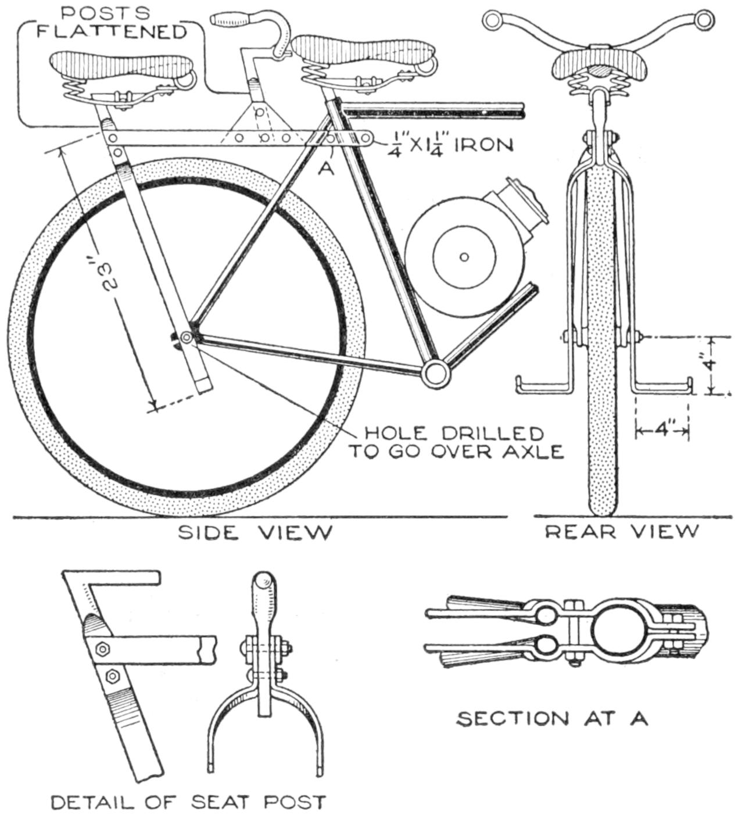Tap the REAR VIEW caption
pyautogui.click(x=621, y=531)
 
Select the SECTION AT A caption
pyautogui.click(x=551, y=718)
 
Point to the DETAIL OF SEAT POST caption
pyautogui.click(x=188, y=803)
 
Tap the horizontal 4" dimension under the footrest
pyautogui.click(x=662, y=431)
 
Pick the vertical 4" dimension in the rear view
pyautogui.click(x=710, y=365)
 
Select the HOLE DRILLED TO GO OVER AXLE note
pyautogui.click(x=455, y=442)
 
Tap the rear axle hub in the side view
pyautogui.click(x=187, y=337)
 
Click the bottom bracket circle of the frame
pyautogui.click(x=435, y=371)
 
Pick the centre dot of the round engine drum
pyautogui.click(x=464, y=256)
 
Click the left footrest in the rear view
pyautogui.click(x=543, y=385)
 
